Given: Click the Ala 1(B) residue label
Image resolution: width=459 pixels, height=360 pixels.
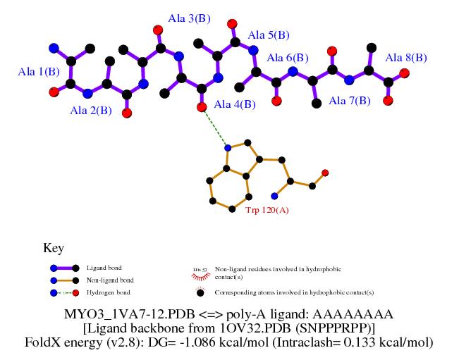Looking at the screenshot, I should [x=39, y=71].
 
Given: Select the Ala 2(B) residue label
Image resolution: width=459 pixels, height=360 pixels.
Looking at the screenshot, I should [x=90, y=110].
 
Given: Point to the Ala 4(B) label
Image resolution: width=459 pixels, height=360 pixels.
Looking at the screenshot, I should [x=234, y=104].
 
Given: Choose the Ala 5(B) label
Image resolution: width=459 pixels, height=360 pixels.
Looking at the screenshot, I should [x=269, y=35].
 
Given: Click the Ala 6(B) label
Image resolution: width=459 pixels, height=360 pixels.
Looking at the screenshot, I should [x=288, y=58].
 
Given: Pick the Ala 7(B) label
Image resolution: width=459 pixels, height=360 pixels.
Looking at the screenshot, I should [x=350, y=101].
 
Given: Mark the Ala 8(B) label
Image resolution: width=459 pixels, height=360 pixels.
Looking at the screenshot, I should [x=406, y=57].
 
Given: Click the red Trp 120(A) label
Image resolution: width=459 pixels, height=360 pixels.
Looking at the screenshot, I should [x=267, y=210].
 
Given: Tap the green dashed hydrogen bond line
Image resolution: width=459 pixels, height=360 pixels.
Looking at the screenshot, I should [x=214, y=128].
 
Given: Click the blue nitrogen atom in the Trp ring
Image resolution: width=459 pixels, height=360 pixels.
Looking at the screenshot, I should [x=227, y=148].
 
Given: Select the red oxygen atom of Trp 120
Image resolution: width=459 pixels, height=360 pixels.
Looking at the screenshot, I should [x=325, y=173].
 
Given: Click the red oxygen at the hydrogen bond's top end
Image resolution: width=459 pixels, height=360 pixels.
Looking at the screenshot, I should [x=202, y=107].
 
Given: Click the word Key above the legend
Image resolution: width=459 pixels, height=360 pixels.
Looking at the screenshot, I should [x=54, y=248].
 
